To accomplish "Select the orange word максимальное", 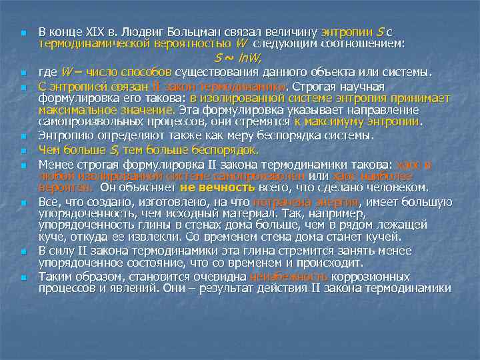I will [75, 110].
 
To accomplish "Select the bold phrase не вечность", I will [217, 187].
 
